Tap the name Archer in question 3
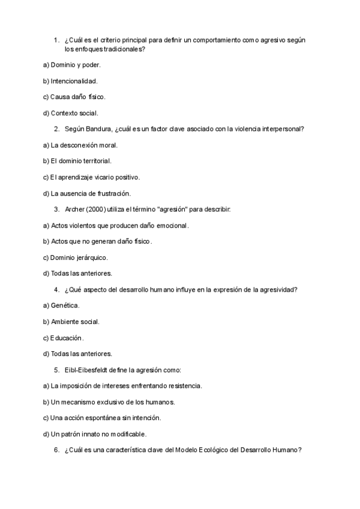74,209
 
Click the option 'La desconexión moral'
80,145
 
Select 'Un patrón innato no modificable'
95,434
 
